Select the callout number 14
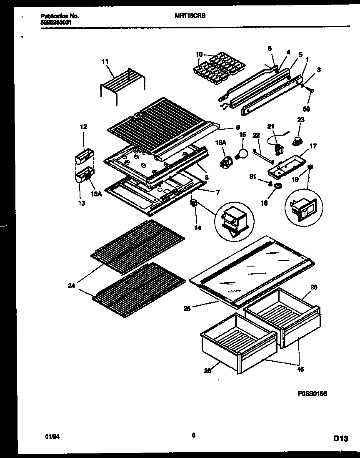197,228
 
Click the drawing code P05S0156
312,393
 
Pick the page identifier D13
341,438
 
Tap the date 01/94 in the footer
50,437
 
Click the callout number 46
300,369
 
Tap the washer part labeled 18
277,185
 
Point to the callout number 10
199,54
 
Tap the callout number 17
313,146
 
